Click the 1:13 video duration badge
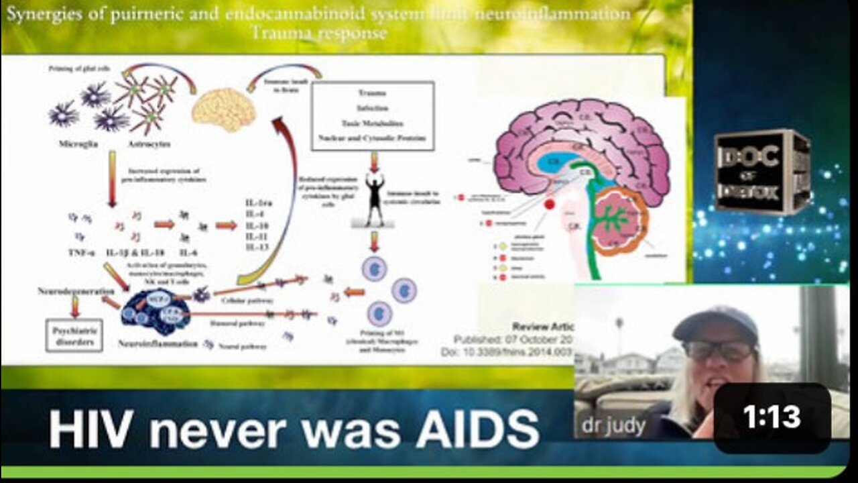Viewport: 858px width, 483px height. pos(772,417)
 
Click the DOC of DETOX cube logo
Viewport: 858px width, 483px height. pos(762,172)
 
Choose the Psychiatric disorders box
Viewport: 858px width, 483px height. pos(74,335)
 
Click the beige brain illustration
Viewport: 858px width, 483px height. pos(223,109)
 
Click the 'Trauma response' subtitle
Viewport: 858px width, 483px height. pos(335,32)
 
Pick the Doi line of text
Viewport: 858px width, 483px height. pos(507,352)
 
